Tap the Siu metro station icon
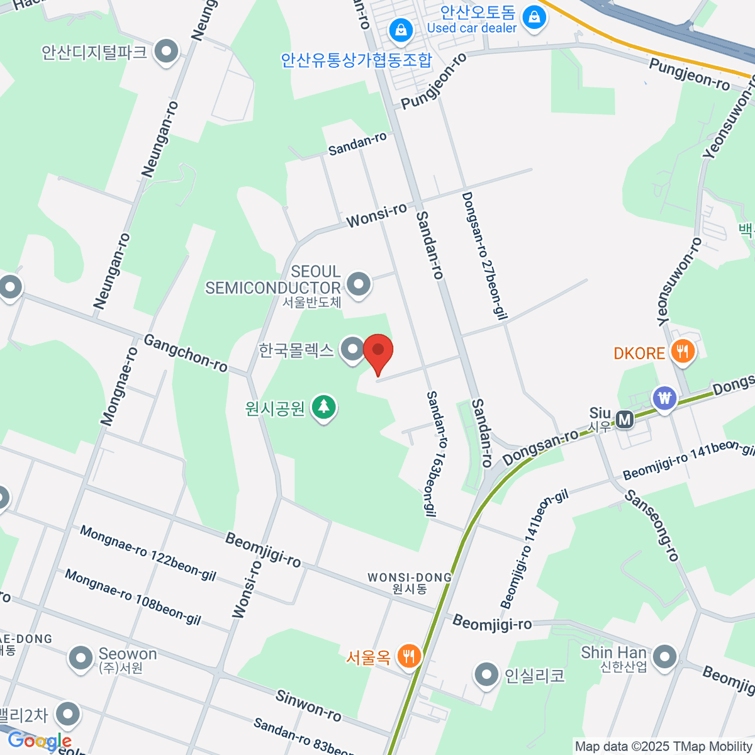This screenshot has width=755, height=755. (x=624, y=420)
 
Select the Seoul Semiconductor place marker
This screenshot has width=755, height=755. (x=359, y=284)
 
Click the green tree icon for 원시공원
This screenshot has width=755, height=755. (x=324, y=407)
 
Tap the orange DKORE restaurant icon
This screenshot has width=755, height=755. (x=682, y=352)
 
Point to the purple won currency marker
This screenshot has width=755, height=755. (x=664, y=398)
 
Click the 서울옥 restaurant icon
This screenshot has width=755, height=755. (x=409, y=656)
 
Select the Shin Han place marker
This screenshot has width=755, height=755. (x=664, y=657)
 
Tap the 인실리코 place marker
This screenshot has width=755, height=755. (x=486, y=674)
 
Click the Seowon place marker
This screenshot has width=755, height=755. (x=80, y=659)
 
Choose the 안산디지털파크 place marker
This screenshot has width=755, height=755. (x=167, y=52)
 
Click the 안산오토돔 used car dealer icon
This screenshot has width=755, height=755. (x=534, y=16)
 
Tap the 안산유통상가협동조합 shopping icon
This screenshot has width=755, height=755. (x=400, y=30)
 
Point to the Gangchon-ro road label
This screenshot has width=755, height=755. (x=186, y=353)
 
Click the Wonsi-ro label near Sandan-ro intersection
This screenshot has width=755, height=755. (x=376, y=216)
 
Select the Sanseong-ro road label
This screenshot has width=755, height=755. (x=652, y=526)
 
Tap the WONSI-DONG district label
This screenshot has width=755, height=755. (x=410, y=578)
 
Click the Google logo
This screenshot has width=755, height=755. (x=39, y=741)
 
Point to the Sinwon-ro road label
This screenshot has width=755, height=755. (x=308, y=705)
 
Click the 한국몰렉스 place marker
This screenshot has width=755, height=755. (x=352, y=349)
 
